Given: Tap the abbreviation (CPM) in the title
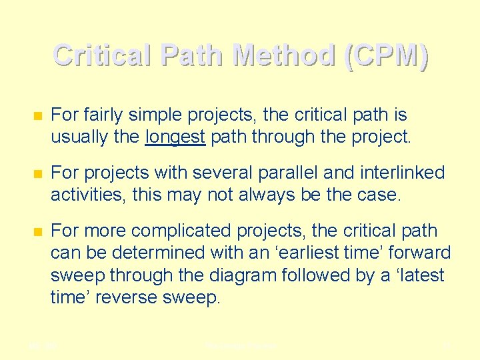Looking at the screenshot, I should pos(385,55).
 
